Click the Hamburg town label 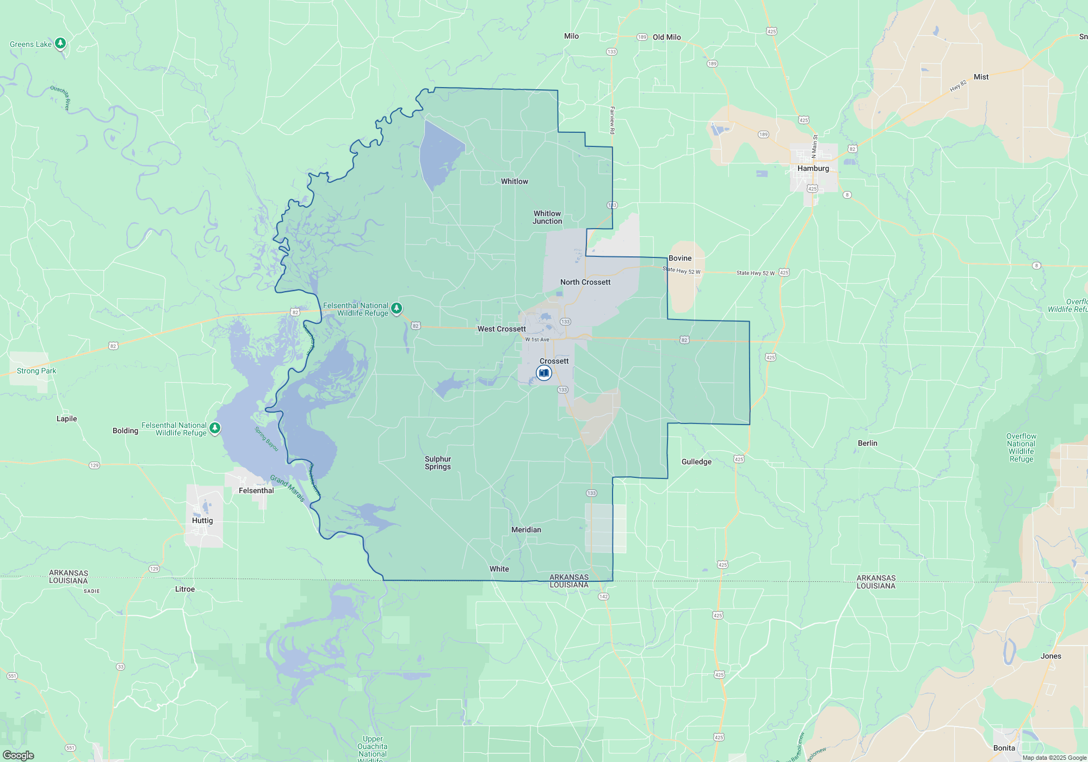pyautogui.click(x=813, y=169)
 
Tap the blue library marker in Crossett pyautogui.click(x=544, y=373)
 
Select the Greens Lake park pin pyautogui.click(x=60, y=44)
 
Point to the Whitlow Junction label pyautogui.click(x=547, y=217)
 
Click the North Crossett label pyautogui.click(x=585, y=282)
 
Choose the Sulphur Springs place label pyautogui.click(x=438, y=463)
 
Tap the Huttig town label pyautogui.click(x=202, y=520)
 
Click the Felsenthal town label pyautogui.click(x=256, y=490)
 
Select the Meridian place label pyautogui.click(x=526, y=530)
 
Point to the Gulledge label pyautogui.click(x=696, y=462)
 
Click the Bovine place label pyautogui.click(x=680, y=258)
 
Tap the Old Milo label pyautogui.click(x=667, y=37)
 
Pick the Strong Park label pyautogui.click(x=36, y=371)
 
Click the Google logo pyautogui.click(x=18, y=755)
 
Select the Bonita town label pyautogui.click(x=1004, y=748)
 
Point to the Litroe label pyautogui.click(x=185, y=589)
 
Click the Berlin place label pyautogui.click(x=868, y=443)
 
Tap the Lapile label pyautogui.click(x=67, y=419)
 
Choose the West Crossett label pyautogui.click(x=502, y=329)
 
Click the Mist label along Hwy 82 pyautogui.click(x=981, y=77)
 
